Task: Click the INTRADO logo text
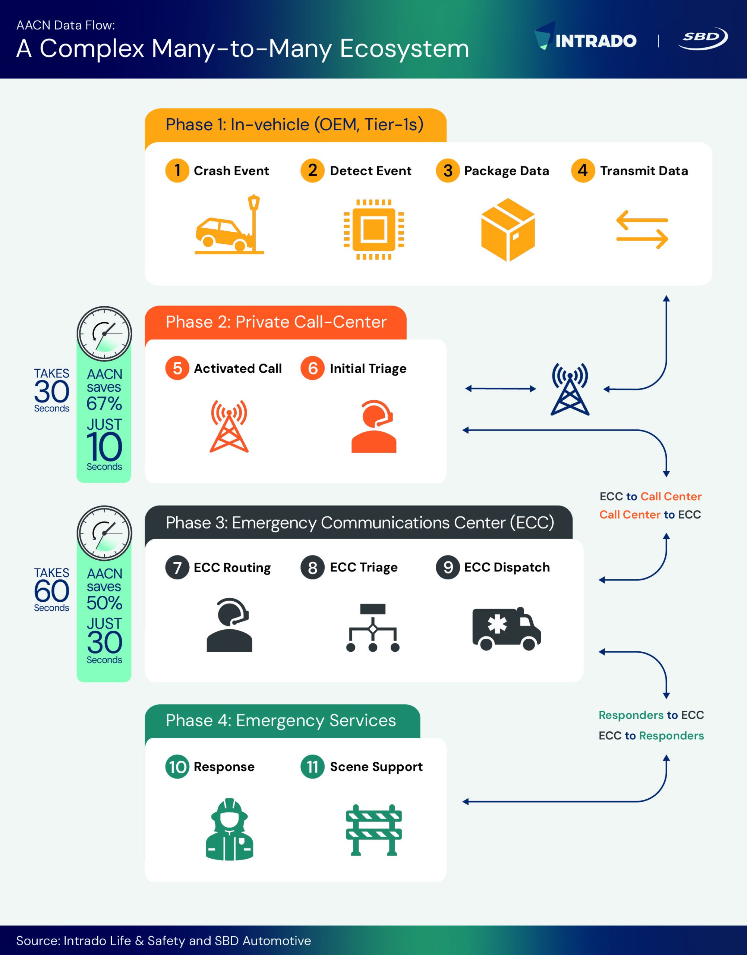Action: point(595,41)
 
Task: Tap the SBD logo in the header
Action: point(702,38)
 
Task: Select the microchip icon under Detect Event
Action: point(373,229)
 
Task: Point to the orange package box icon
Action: point(508,229)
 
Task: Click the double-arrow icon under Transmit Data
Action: point(642,230)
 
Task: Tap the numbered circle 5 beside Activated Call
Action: point(177,368)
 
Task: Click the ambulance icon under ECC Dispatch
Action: point(507,629)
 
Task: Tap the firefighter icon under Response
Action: point(229,829)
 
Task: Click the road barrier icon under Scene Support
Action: point(373,830)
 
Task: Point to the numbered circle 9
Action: point(447,567)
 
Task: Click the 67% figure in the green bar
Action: point(104,403)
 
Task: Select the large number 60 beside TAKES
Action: point(51,591)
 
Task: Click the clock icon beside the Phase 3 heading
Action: point(104,533)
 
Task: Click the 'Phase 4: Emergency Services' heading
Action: point(281,720)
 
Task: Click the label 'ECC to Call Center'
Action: point(650,496)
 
